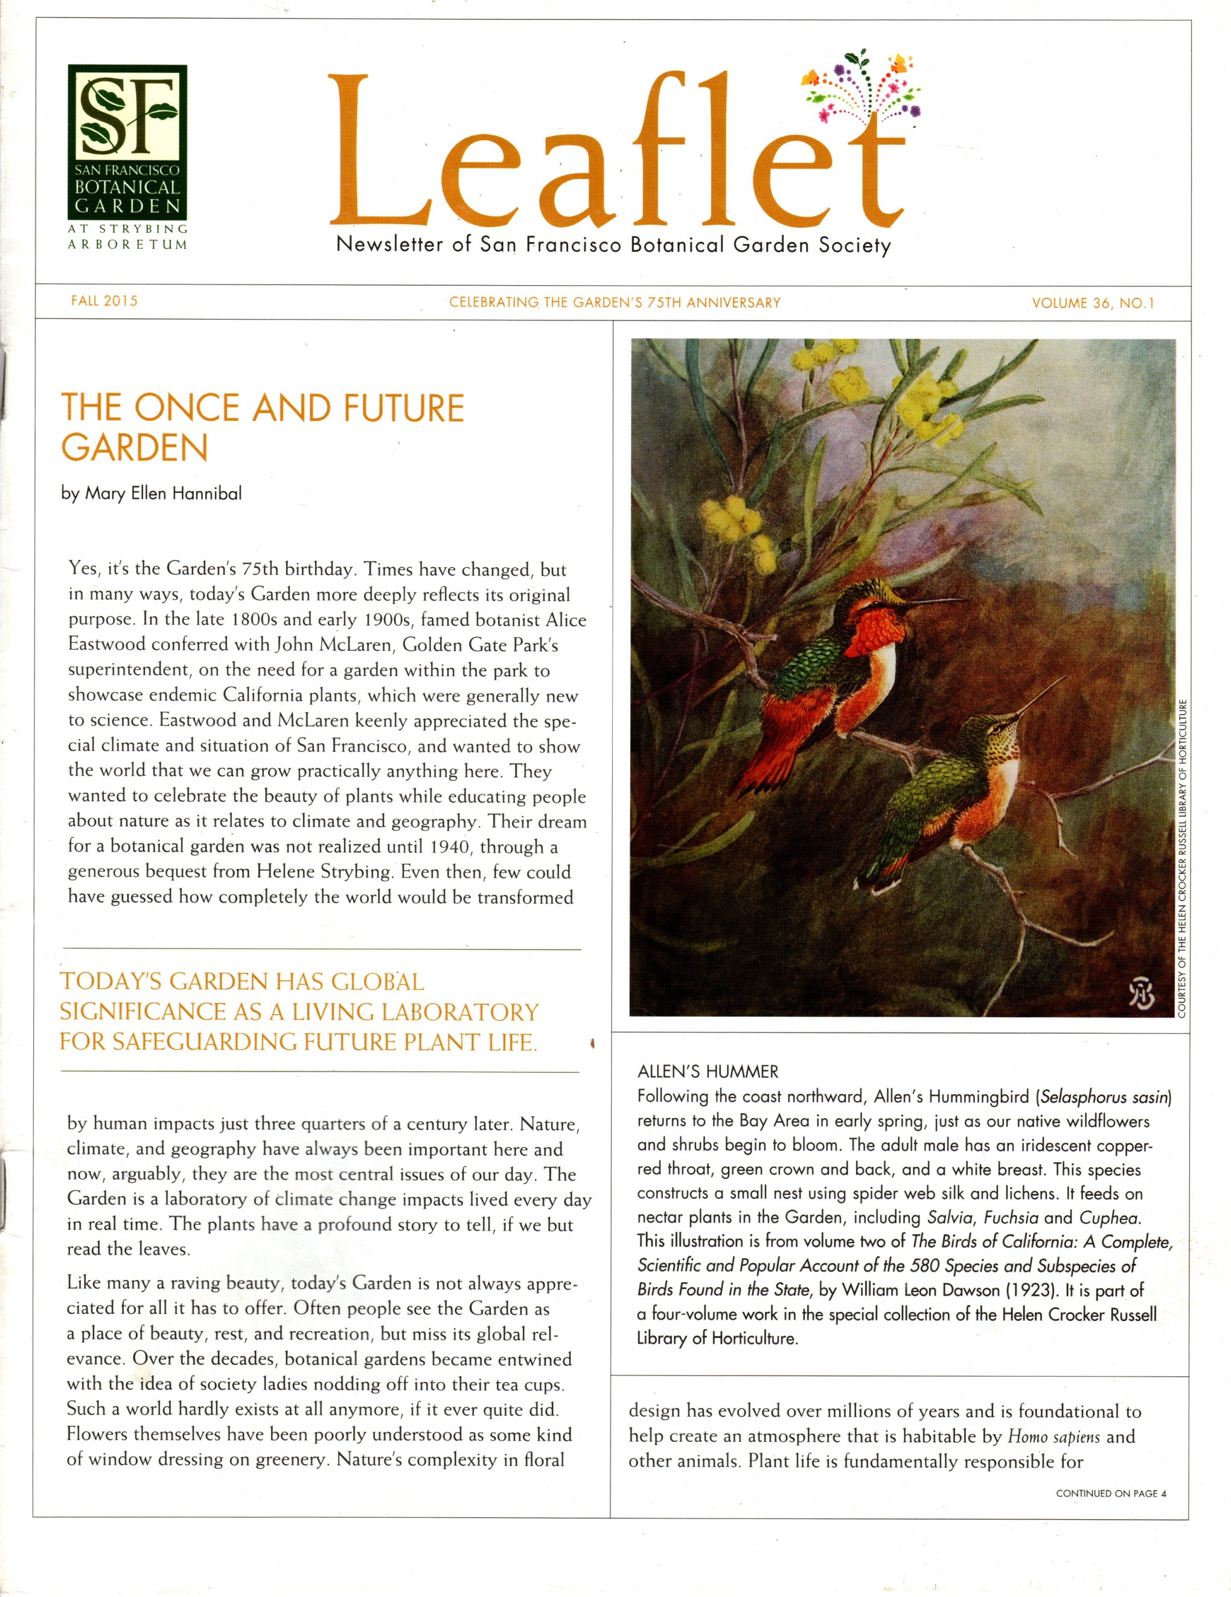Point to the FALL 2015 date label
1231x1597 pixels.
point(104,301)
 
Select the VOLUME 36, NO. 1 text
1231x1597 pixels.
point(1093,303)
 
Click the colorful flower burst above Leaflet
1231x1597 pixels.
point(863,87)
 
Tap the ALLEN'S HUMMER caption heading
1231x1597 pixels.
point(708,1072)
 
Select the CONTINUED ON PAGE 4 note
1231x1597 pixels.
point(1110,1493)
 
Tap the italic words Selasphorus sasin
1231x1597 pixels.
point(1105,1097)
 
